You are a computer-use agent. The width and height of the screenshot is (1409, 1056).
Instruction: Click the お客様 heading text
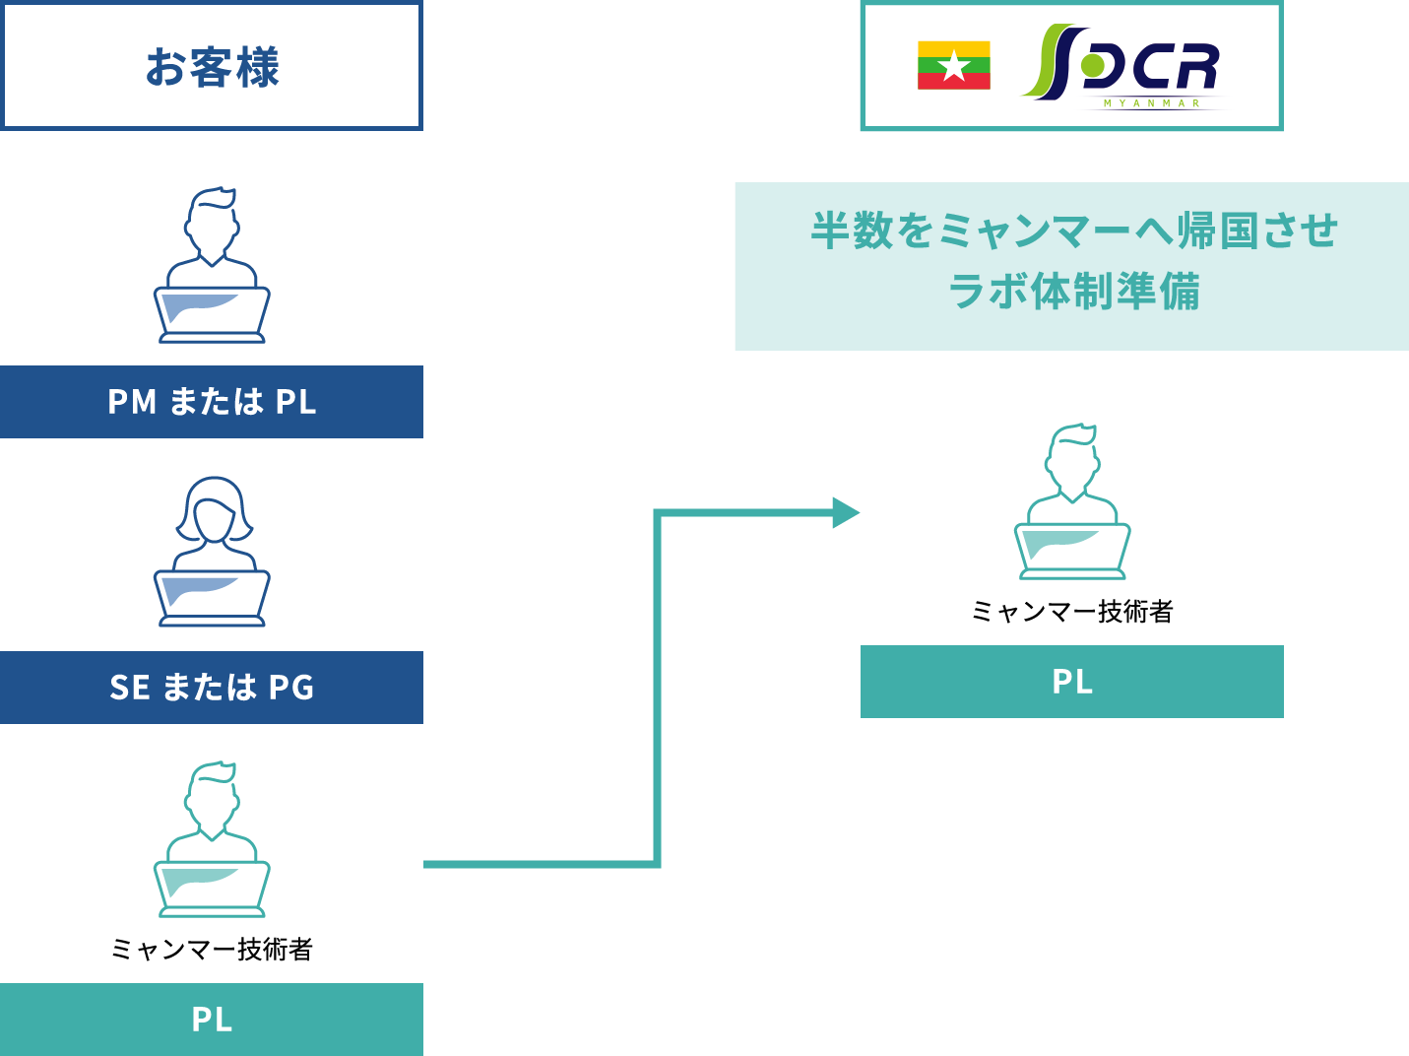(212, 67)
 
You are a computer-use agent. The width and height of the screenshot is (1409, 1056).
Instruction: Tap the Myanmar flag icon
(953, 65)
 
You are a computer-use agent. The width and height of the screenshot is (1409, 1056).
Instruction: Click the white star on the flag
(953, 66)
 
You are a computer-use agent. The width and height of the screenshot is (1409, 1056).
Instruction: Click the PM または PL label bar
(211, 402)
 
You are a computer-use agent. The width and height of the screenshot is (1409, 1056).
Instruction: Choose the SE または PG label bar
(211, 688)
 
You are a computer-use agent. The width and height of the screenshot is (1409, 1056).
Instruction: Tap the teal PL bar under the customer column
(211, 1020)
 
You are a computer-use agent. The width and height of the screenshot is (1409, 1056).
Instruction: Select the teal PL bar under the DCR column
(1071, 682)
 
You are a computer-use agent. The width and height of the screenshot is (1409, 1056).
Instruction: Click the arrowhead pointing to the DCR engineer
(846, 513)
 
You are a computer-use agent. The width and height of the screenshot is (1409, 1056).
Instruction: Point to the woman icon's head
(215, 511)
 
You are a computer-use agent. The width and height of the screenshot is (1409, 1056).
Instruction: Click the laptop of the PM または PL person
(212, 315)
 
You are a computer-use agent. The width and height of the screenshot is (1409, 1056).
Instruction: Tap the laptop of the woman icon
(212, 598)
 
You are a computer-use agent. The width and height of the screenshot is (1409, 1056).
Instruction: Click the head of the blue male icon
(212, 223)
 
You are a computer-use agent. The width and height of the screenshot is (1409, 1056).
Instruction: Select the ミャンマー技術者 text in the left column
(212, 949)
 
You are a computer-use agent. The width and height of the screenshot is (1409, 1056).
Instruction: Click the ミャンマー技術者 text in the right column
(1072, 611)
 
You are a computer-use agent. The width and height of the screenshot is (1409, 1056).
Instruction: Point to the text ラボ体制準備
(1073, 292)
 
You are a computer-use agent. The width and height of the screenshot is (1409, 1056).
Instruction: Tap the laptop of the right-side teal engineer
(1072, 552)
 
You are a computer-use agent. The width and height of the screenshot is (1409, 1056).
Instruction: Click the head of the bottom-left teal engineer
(212, 797)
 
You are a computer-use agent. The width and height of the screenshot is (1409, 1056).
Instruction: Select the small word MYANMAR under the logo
(1152, 103)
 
